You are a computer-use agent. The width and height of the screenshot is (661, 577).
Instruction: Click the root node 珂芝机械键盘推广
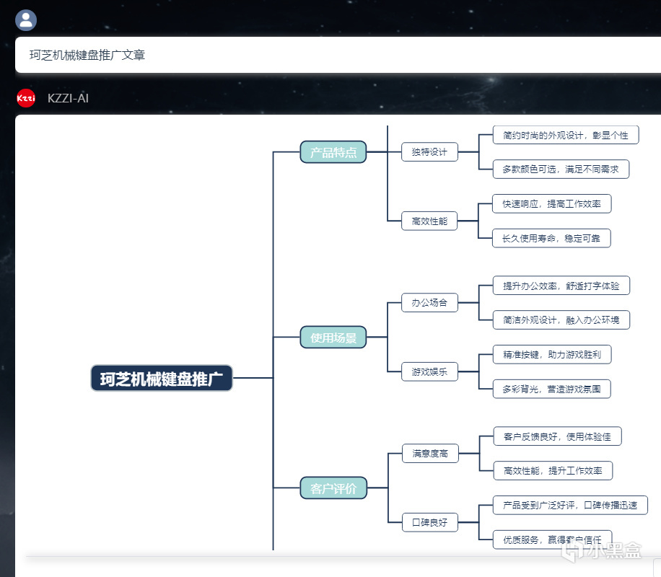coord(162,378)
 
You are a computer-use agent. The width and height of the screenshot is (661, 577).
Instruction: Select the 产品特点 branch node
coord(333,152)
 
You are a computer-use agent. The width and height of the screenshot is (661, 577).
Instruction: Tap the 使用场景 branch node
coord(333,337)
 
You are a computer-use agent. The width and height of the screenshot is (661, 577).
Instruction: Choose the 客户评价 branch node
coord(333,488)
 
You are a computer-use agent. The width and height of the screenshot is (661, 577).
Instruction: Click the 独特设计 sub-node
coord(429,151)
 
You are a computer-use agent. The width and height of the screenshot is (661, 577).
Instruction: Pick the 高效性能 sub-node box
coord(429,221)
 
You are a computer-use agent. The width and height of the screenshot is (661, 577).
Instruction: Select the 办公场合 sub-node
coord(429,302)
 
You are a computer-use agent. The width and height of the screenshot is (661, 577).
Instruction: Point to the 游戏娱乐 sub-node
coord(429,371)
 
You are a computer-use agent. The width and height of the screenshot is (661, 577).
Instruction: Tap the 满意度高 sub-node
coord(430,453)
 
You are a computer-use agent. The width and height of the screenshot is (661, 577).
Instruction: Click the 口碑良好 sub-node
coord(430,522)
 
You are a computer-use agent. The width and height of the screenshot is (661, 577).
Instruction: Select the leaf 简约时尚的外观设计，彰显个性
coord(565,135)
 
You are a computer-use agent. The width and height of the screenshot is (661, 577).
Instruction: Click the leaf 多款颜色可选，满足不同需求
coord(561,169)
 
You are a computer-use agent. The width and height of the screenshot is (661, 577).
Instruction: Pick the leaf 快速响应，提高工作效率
coord(551,203)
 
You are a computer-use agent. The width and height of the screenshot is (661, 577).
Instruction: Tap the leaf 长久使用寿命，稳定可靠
coord(551,238)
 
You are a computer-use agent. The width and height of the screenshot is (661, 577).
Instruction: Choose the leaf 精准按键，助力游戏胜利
coord(552,354)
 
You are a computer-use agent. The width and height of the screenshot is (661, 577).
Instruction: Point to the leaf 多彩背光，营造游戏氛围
coord(552,389)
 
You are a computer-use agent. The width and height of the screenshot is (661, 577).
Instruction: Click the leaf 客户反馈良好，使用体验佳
coord(557,436)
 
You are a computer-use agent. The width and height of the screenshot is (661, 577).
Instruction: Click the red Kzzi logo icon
coord(26,98)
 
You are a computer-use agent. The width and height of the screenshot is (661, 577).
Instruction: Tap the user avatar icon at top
coord(26,19)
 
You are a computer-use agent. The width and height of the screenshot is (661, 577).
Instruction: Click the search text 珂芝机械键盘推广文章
coord(87,55)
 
